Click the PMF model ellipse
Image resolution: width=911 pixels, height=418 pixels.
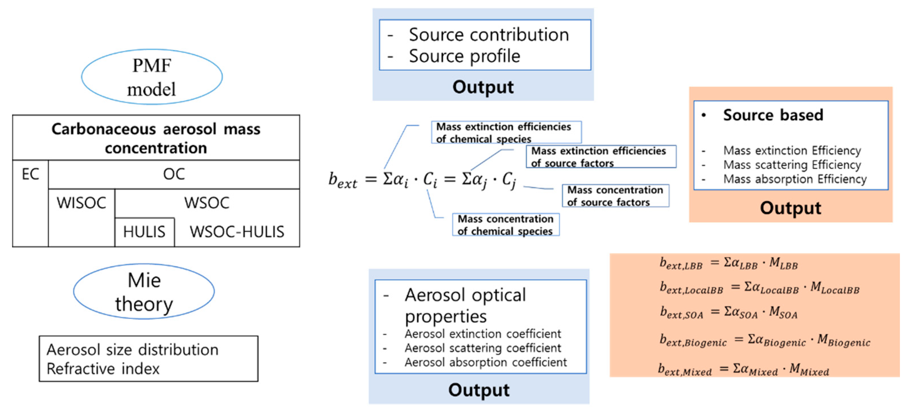(x=152, y=77)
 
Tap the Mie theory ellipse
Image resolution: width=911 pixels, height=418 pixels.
(x=144, y=292)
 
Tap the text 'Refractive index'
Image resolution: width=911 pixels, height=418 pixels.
(x=103, y=369)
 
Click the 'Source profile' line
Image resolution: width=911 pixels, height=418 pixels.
(x=464, y=56)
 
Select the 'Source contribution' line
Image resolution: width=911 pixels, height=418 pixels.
(x=489, y=35)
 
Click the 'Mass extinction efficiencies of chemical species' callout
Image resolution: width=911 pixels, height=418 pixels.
(x=506, y=133)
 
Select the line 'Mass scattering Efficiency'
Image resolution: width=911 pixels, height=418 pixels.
(x=792, y=165)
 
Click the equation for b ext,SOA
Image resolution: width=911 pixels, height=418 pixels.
(x=729, y=312)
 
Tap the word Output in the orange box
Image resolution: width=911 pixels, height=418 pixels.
(x=791, y=208)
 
